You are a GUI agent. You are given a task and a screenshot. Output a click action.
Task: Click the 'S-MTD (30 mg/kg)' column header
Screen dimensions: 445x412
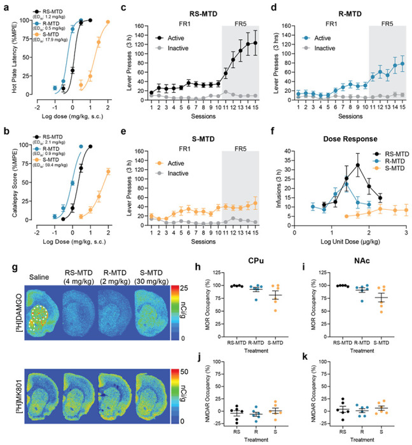[151, 269]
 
